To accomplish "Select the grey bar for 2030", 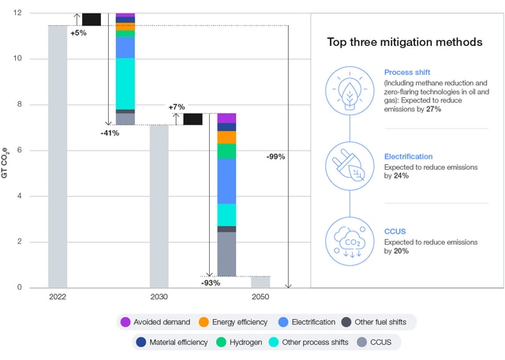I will [x=159, y=206].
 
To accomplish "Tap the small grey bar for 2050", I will [x=260, y=282].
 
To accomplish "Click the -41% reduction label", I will [x=110, y=133].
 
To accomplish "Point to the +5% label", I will [x=78, y=33].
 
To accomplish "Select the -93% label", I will [x=211, y=282].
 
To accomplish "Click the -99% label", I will [x=276, y=156].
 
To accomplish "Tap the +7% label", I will [x=176, y=107].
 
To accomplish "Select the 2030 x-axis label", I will [x=159, y=298].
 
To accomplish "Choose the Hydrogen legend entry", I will [x=249, y=342].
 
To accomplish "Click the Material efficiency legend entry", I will [x=178, y=342].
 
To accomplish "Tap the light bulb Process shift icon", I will [x=348, y=88].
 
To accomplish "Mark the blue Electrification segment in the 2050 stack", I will [x=226, y=181].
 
